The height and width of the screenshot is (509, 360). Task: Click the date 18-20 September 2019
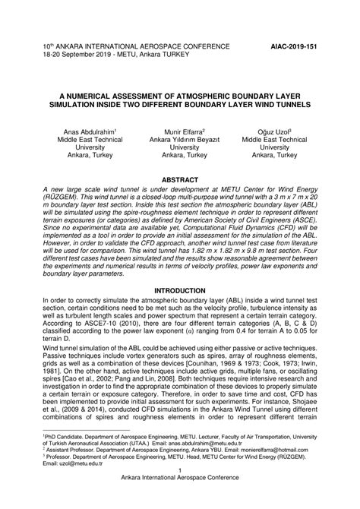[79, 54]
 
